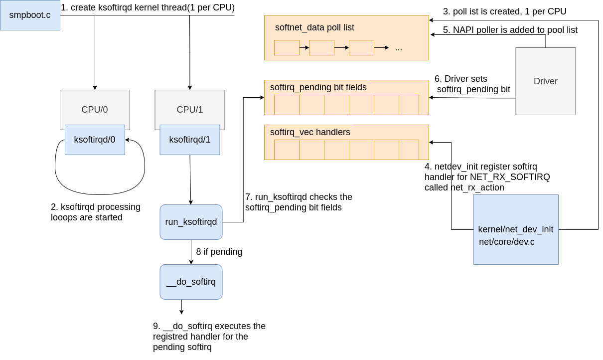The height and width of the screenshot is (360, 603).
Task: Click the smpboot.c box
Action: pos(30,15)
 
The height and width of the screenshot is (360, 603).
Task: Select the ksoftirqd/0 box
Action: pos(95,140)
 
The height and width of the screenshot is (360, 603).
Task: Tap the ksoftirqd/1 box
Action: pos(190,140)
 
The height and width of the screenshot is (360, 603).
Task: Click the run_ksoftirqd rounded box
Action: pos(191,222)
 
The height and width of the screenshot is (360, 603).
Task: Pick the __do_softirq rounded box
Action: pos(191,282)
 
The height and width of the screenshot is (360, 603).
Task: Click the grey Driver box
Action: pos(545,81)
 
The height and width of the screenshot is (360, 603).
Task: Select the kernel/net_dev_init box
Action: pos(516,229)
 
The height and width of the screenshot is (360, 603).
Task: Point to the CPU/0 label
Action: pos(95,110)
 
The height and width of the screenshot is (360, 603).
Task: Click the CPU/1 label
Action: pos(190,110)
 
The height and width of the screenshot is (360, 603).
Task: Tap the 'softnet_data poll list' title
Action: pos(314,27)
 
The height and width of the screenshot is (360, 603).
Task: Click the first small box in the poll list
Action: pos(287,47)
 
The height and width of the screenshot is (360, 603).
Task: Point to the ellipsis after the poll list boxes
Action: pos(399,48)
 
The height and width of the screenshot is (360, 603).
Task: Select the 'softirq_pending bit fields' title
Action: pos(318,87)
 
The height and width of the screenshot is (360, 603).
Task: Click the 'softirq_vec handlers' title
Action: pos(310,132)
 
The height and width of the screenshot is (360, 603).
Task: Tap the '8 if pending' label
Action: pos(219,252)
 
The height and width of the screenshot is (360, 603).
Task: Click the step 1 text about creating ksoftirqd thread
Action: pos(148,8)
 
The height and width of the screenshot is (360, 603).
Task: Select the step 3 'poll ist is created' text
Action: pos(504,11)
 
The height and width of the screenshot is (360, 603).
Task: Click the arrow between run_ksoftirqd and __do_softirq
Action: pos(191,252)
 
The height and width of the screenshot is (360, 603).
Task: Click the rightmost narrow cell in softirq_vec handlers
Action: pos(409,150)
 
